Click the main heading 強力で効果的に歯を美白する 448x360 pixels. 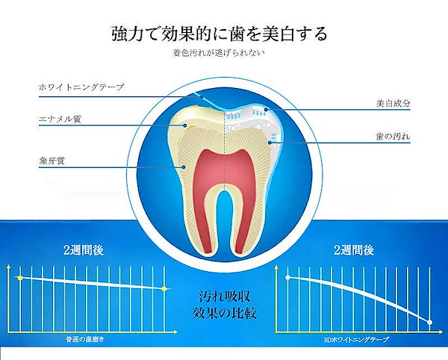(219, 34)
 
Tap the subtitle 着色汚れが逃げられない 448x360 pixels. (219, 53)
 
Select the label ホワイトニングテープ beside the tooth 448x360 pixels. (81, 87)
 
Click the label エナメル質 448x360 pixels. (60, 119)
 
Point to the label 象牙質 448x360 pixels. (52, 161)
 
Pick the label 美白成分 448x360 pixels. (393, 103)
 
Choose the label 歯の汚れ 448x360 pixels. (393, 136)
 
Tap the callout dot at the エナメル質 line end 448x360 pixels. (185, 125)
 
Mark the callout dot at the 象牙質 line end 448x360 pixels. (184, 167)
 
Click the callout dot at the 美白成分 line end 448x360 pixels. (266, 110)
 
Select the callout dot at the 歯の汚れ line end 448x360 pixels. (270, 142)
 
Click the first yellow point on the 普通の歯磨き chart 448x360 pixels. (20, 278)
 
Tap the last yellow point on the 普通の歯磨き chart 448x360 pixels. (164, 289)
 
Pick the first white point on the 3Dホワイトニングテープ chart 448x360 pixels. (287, 277)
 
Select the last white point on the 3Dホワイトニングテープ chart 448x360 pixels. (430, 323)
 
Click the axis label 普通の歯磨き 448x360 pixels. (85, 339)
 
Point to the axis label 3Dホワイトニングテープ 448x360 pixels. (356, 340)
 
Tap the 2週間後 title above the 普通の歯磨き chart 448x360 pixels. (83, 250)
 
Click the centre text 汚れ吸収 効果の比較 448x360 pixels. (224, 305)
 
